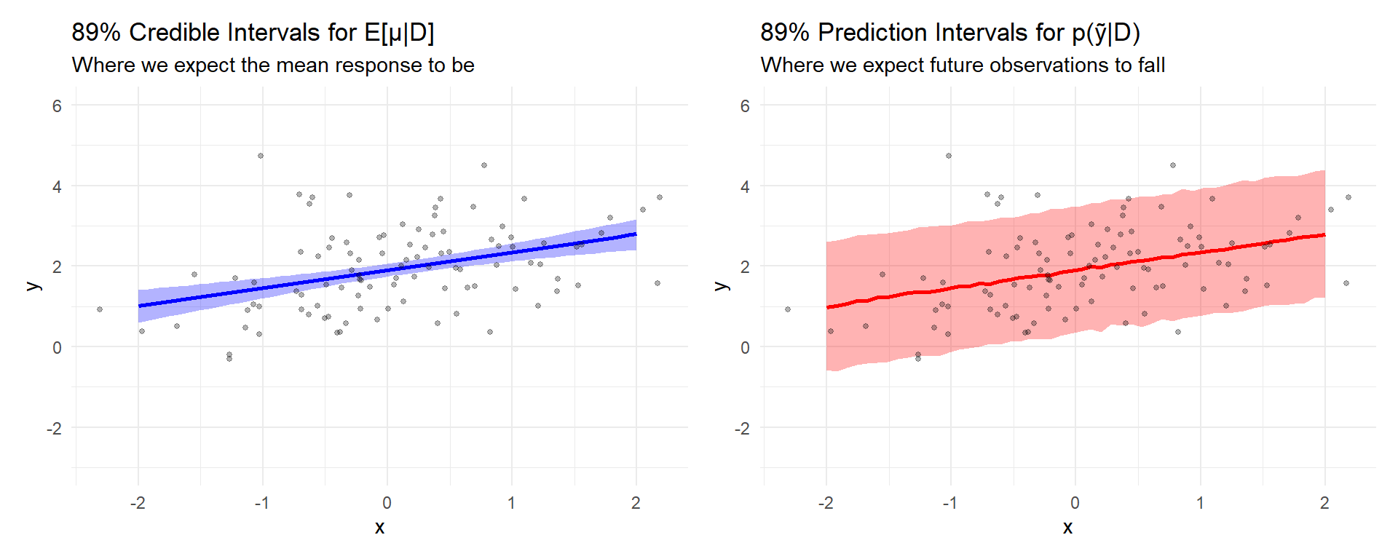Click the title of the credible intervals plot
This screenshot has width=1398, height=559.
[x=253, y=33]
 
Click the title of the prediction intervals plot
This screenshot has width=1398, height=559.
[x=949, y=33]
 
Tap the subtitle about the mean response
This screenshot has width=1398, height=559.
[x=273, y=66]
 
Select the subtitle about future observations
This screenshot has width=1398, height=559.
[x=963, y=66]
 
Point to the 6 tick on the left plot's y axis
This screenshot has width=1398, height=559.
[x=57, y=106]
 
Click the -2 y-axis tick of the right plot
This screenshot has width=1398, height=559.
[x=742, y=429]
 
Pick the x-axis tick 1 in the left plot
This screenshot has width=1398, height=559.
[x=511, y=503]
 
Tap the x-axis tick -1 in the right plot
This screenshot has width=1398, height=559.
[x=949, y=503]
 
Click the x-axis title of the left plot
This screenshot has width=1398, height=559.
[x=379, y=528]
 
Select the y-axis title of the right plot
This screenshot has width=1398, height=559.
[x=722, y=286]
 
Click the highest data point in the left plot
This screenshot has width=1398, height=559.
[x=261, y=156]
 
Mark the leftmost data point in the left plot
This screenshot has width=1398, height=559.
[x=100, y=309]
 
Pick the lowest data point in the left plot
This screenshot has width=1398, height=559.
[x=229, y=359]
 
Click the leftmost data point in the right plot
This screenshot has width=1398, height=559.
[x=788, y=309]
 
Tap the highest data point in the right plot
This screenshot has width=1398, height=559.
[x=949, y=156]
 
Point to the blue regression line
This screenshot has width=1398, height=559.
[x=387, y=271]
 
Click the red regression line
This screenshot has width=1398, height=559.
[x=1075, y=271]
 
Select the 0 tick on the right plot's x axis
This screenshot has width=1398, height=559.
[x=1075, y=503]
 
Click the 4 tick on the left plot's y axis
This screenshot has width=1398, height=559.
[x=57, y=187]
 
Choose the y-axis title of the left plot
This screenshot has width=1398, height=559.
[x=33, y=286]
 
